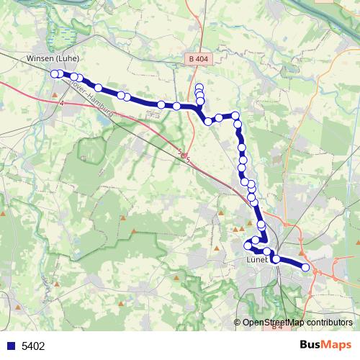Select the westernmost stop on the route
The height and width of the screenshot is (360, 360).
pyautogui.click(x=55, y=73)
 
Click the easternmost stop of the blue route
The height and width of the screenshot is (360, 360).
pyautogui.click(x=306, y=267)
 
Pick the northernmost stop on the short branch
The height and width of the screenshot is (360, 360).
pyautogui.click(x=199, y=87)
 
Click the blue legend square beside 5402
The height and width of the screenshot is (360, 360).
pyautogui.click(x=10, y=346)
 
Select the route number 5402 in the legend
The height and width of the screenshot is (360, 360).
pyautogui.click(x=33, y=346)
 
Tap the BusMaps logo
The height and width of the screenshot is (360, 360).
pyautogui.click(x=324, y=345)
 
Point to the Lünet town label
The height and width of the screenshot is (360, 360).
pyautogui.click(x=256, y=259)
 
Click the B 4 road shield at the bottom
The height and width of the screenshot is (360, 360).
pyautogui.click(x=276, y=328)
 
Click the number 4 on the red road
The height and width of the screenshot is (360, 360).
pyautogui.click(x=62, y=104)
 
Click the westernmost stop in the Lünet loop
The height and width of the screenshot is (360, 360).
pyautogui.click(x=248, y=245)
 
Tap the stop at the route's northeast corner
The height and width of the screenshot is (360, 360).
pyautogui.click(x=235, y=115)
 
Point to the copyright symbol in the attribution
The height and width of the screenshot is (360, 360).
pyautogui.click(x=238, y=323)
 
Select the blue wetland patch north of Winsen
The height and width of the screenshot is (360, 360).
pyautogui.click(x=68, y=36)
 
